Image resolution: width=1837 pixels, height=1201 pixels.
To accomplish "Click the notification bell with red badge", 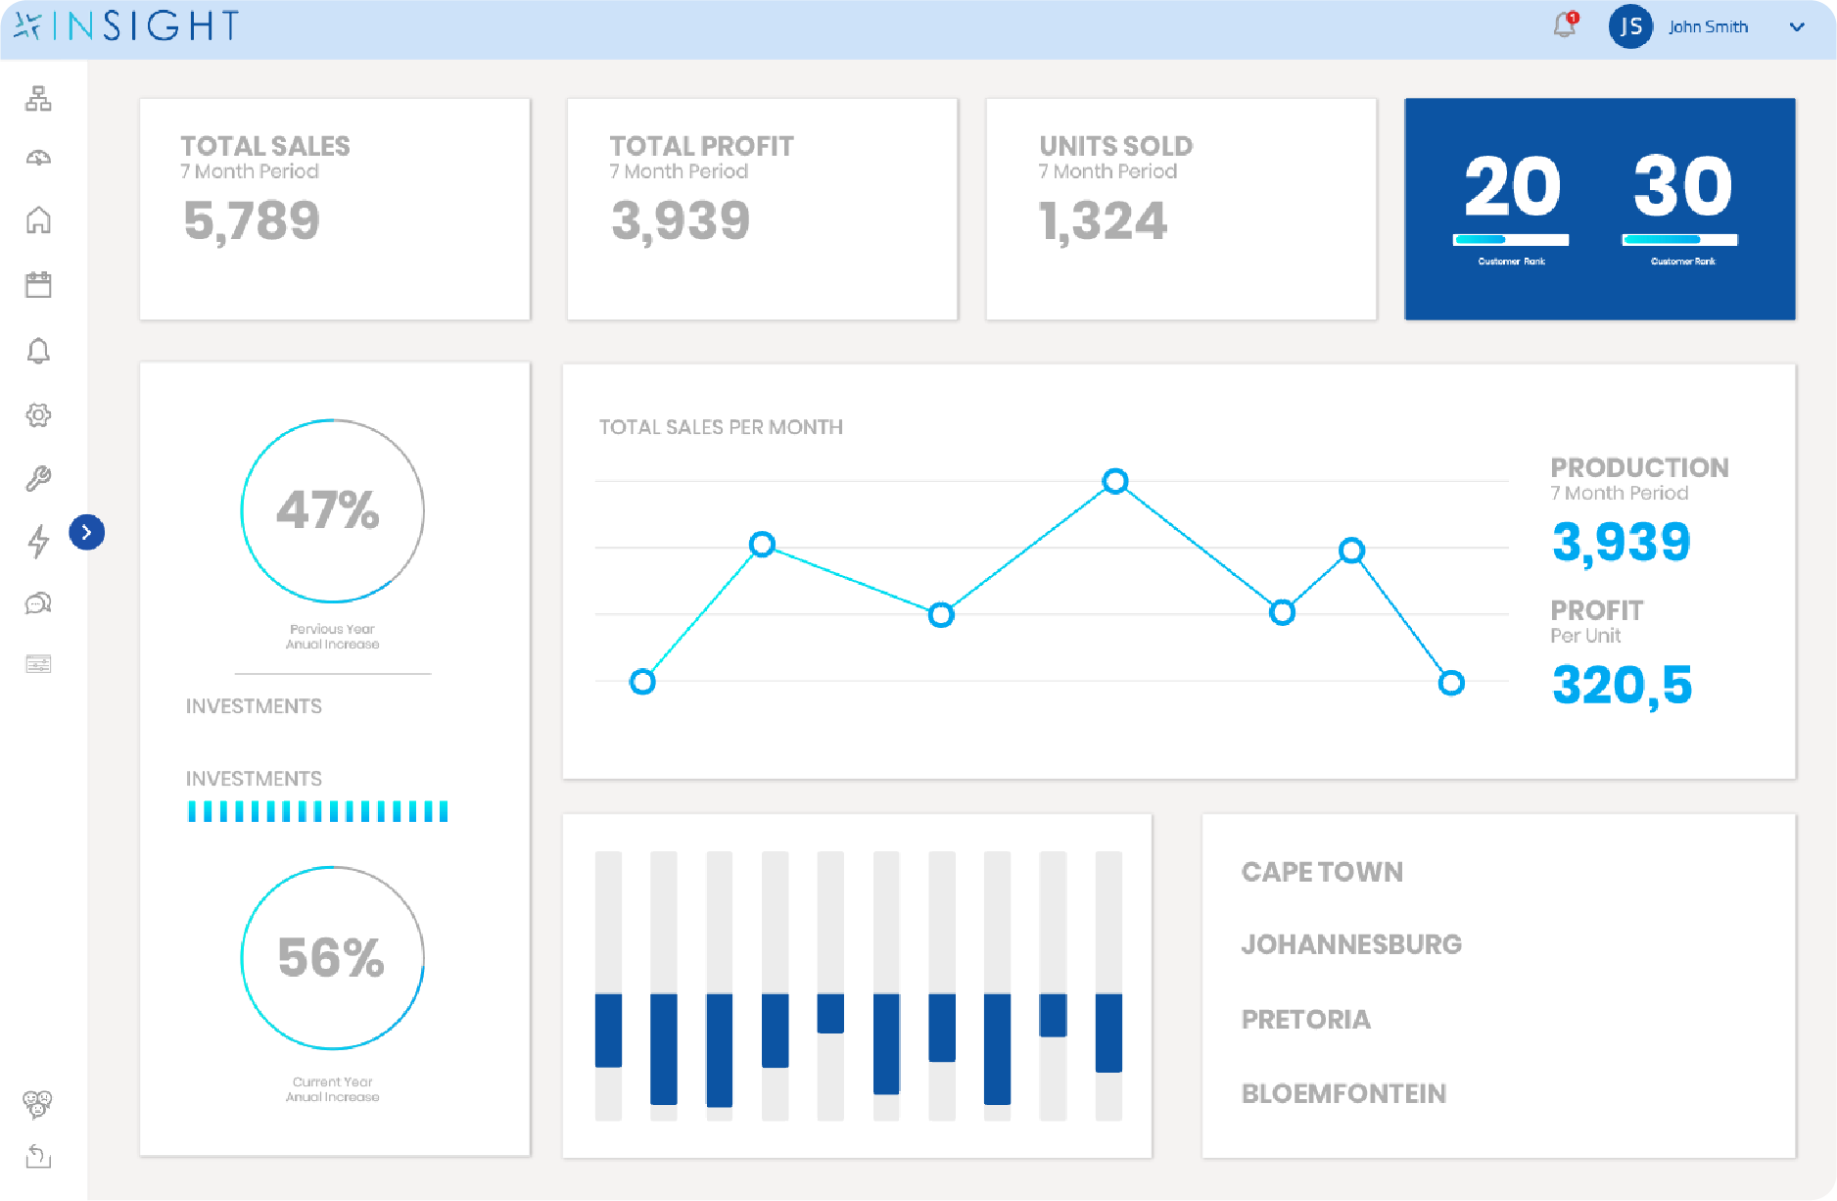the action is tap(1566, 24).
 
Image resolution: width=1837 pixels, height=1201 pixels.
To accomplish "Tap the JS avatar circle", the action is tap(1630, 26).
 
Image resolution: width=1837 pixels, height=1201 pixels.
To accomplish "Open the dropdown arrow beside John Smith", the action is tap(1797, 27).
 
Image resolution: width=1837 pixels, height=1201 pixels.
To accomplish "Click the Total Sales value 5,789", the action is tap(252, 220).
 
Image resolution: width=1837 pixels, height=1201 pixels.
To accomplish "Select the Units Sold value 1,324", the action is tap(1103, 220).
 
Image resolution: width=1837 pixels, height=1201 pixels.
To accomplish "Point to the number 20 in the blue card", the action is tap(1512, 186).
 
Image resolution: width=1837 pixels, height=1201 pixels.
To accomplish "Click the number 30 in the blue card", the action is tap(1682, 186).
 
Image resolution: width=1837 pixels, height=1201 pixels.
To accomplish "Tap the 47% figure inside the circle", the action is tap(328, 509).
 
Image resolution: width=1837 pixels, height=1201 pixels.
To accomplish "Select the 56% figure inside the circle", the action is tap(331, 957).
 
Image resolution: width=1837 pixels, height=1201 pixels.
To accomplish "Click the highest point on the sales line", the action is tap(1115, 481).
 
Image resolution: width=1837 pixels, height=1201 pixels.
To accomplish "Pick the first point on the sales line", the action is tap(642, 682).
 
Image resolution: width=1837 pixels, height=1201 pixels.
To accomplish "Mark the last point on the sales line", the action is tap(1451, 683).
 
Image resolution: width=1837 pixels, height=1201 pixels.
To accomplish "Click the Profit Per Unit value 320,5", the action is tap(1622, 685).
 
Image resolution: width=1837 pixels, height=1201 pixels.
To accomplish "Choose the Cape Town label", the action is tap(1322, 872).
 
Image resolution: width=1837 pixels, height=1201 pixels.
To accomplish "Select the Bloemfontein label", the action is tap(1343, 1093).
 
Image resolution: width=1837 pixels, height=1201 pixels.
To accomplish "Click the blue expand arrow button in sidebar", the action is tap(87, 532).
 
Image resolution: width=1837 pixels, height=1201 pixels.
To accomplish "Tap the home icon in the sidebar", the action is tap(38, 220).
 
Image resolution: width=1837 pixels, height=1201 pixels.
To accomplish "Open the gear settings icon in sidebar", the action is tap(38, 415).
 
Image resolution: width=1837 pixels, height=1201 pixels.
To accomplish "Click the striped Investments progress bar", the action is tap(318, 811).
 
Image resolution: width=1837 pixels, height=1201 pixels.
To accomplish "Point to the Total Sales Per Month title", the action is tap(721, 427).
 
